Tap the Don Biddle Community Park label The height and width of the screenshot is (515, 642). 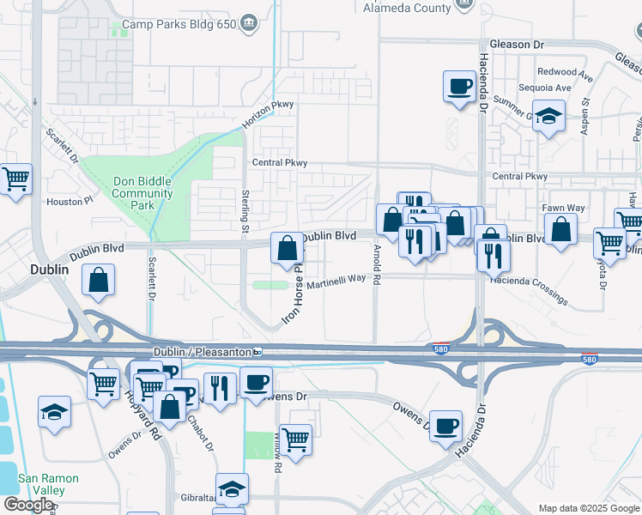click(x=142, y=193)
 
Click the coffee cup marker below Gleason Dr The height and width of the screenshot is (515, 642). click(x=459, y=87)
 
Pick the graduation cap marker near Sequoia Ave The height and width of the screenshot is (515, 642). click(x=548, y=116)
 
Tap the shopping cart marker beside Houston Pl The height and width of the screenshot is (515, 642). click(x=15, y=180)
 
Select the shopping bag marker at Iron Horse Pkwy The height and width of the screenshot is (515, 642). click(x=288, y=248)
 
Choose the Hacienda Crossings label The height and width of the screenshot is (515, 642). click(x=528, y=290)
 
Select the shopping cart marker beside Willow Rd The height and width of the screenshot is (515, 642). click(x=295, y=440)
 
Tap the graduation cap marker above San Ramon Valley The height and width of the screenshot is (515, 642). click(x=55, y=412)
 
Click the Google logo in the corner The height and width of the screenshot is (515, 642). click(x=28, y=505)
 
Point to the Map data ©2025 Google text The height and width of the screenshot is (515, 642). click(x=588, y=508)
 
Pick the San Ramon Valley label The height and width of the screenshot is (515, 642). click(x=49, y=484)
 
